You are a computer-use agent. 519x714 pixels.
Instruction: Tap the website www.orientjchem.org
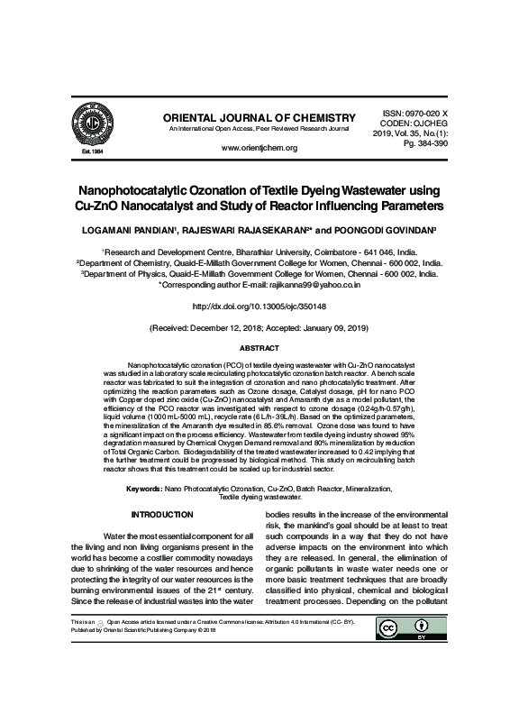pyautogui.click(x=259, y=147)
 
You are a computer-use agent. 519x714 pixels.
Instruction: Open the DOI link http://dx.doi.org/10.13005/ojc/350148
pyautogui.click(x=259, y=306)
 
